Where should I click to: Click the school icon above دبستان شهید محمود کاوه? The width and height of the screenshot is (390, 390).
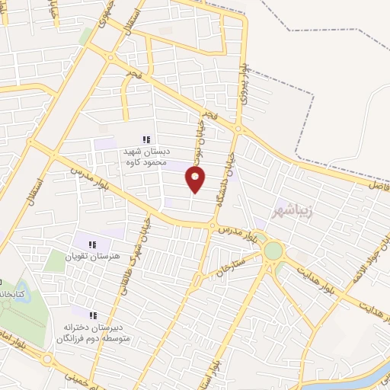pyautogui.click(x=147, y=139)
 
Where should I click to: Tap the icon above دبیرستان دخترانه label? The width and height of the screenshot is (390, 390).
pyautogui.click(x=93, y=315)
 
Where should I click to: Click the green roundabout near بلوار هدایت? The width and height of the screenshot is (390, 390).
pyautogui.click(x=272, y=250)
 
